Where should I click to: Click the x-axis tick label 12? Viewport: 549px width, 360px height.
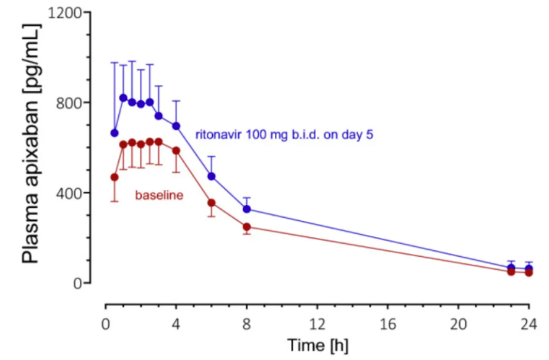pyautogui.click(x=317, y=324)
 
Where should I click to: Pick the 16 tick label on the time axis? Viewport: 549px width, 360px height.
pyautogui.click(x=388, y=324)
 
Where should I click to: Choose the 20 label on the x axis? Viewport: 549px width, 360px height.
pyautogui.click(x=458, y=324)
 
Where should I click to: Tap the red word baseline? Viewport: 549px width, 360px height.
pyautogui.click(x=159, y=195)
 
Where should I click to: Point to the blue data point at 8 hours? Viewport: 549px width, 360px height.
pyautogui.click(x=247, y=209)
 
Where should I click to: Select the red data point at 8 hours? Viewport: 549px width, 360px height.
pyautogui.click(x=247, y=227)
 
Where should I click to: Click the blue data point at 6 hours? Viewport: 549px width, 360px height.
pyautogui.click(x=211, y=176)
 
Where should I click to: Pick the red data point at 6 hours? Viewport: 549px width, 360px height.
pyautogui.click(x=211, y=203)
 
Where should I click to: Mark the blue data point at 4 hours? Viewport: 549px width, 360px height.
pyautogui.click(x=176, y=126)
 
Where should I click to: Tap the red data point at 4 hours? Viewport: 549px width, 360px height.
pyautogui.click(x=176, y=150)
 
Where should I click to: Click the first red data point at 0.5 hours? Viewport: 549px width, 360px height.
pyautogui.click(x=114, y=177)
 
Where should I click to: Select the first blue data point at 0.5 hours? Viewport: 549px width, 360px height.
pyautogui.click(x=114, y=133)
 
